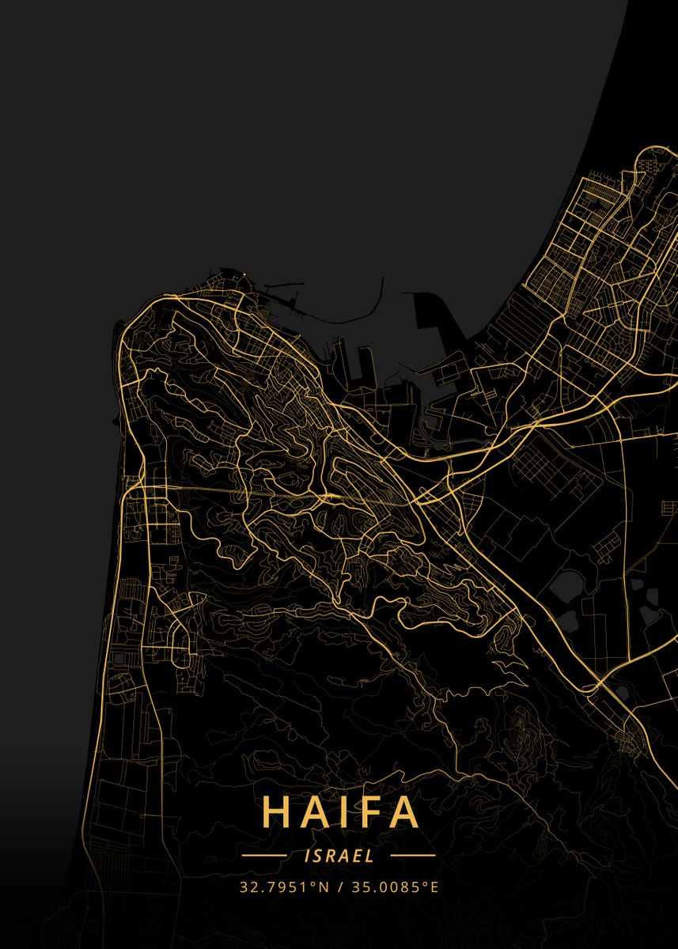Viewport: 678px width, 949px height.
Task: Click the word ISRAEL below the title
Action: click(339, 855)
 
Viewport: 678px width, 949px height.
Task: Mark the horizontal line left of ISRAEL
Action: click(263, 855)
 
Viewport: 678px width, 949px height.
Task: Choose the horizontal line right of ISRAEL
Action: click(413, 855)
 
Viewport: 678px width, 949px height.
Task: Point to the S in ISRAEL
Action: click(316, 855)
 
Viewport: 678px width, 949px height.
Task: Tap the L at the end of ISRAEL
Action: click(371, 855)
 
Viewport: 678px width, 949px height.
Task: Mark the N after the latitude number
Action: click(323, 887)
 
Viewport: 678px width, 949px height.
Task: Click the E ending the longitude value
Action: click(434, 887)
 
